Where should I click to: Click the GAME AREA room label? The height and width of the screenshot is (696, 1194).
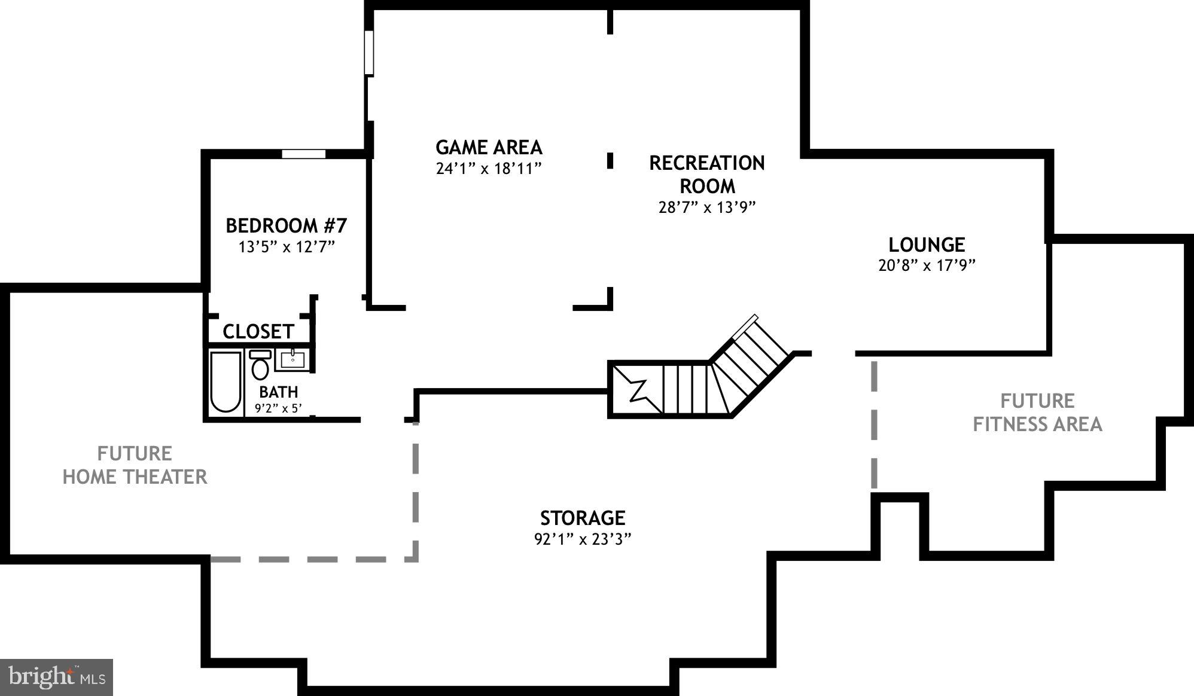(489, 147)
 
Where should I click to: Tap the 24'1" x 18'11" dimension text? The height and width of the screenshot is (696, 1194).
(489, 169)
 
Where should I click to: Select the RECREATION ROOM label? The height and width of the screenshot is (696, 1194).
(707, 174)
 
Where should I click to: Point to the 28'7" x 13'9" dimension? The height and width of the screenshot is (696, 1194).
(707, 207)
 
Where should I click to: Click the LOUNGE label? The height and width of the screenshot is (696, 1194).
(927, 245)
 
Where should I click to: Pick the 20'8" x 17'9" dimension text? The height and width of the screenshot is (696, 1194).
(927, 265)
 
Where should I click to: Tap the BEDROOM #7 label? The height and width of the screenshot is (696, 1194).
(286, 225)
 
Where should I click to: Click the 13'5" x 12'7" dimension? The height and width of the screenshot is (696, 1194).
(286, 247)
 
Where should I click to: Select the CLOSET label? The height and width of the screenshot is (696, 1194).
(258, 331)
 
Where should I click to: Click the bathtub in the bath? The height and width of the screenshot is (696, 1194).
(226, 381)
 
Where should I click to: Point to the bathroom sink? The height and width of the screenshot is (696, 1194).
(293, 360)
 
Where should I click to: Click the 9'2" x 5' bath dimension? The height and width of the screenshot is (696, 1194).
(279, 409)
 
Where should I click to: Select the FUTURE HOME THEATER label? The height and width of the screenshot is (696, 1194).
(135, 465)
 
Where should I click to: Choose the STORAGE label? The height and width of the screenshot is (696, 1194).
(583, 517)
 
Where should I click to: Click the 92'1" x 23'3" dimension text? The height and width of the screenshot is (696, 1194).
(583, 539)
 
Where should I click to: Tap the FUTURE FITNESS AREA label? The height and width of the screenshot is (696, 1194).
(1037, 412)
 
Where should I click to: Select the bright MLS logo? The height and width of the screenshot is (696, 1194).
(57, 677)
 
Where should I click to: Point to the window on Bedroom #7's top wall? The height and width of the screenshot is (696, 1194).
(304, 154)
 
